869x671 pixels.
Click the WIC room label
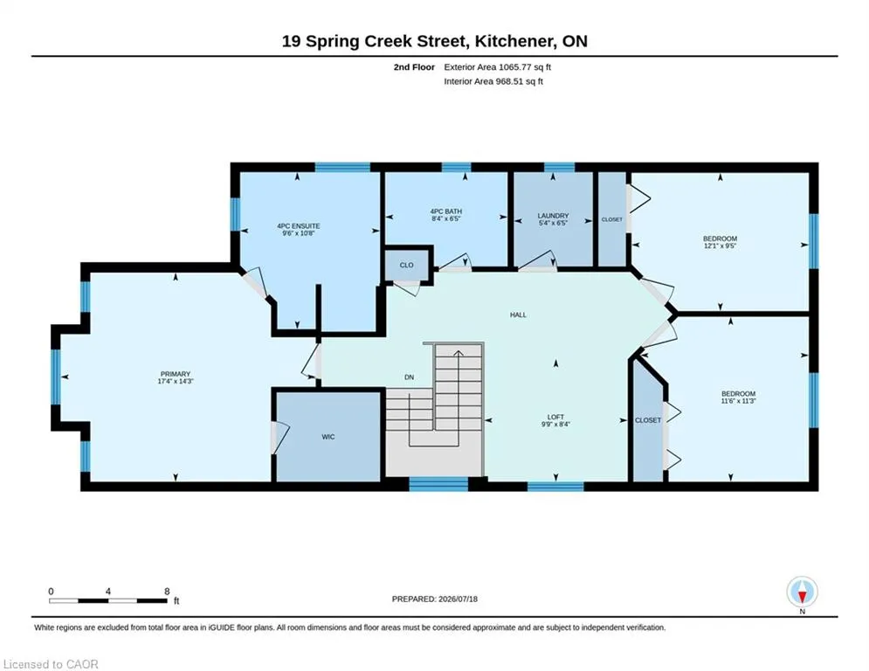point(328,437)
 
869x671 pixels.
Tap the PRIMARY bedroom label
point(176,374)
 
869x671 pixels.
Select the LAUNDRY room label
point(553,216)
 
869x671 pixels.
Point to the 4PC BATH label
point(446,211)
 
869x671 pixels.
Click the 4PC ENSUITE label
point(299,226)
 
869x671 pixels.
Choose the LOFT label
point(555,417)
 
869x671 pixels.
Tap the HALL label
point(518,315)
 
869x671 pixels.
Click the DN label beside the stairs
point(409,377)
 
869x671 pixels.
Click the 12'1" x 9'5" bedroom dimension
point(721,246)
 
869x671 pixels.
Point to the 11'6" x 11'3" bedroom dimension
point(738,401)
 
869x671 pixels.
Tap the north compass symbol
point(802,592)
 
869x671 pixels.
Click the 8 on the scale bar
point(167,591)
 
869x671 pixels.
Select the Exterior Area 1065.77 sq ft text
point(497,67)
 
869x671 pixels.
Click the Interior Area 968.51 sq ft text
point(493,81)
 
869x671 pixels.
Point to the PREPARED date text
point(435,598)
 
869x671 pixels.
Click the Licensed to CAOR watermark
point(51,664)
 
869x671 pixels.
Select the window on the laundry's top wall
point(559,167)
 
